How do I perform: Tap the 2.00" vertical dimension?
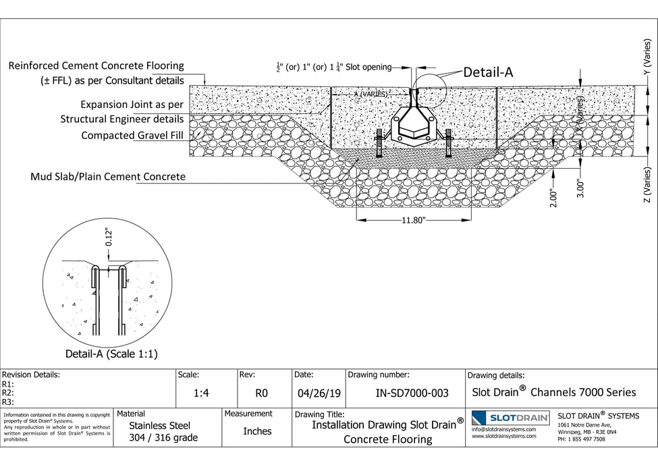pyautogui.click(x=554, y=197)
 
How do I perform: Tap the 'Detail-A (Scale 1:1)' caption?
pyautogui.click(x=111, y=354)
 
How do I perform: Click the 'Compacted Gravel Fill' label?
pyautogui.click(x=132, y=136)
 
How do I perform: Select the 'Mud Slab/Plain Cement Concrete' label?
pyautogui.click(x=107, y=177)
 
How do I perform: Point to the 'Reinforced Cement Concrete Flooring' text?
pyautogui.click(x=96, y=66)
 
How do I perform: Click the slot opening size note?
pyautogui.click(x=333, y=67)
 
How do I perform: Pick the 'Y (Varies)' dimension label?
pyautogui.click(x=647, y=57)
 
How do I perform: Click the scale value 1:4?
pyautogui.click(x=200, y=393)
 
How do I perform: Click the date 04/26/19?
pyautogui.click(x=317, y=393)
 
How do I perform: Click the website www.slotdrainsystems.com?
pyautogui.click(x=504, y=436)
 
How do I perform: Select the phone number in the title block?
pyautogui.click(x=581, y=439)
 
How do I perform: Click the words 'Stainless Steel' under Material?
pyautogui.click(x=160, y=425)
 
